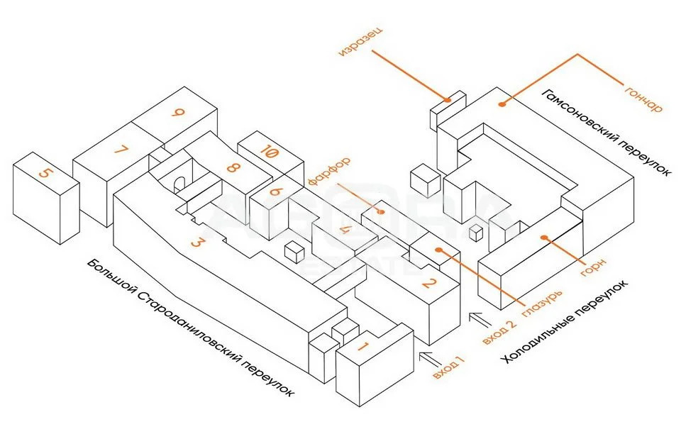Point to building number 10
pyautogui.click(x=269, y=151)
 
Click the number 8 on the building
pyautogui.click(x=231, y=169)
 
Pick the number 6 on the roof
pyautogui.click(x=277, y=191)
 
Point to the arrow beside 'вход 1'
pyautogui.click(x=430, y=356)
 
